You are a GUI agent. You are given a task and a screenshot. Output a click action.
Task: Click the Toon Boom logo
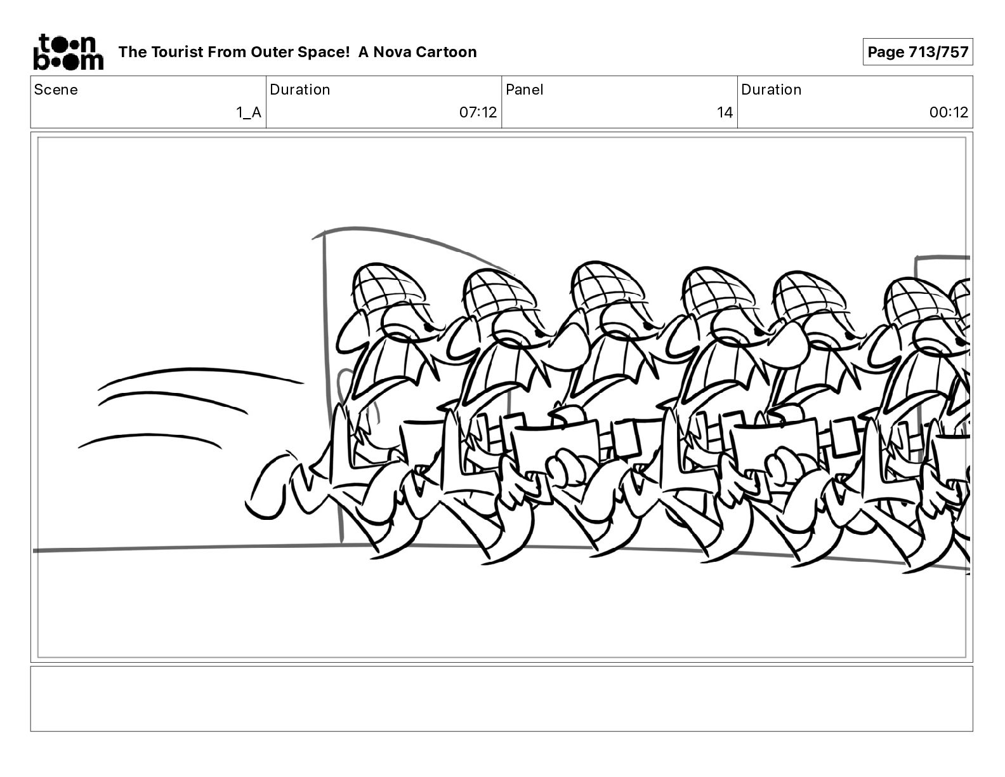click(x=69, y=52)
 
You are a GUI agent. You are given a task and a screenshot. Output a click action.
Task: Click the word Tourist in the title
click(x=176, y=52)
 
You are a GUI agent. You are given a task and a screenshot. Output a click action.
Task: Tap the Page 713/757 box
click(x=917, y=52)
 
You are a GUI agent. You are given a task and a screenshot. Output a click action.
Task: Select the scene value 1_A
click(x=249, y=112)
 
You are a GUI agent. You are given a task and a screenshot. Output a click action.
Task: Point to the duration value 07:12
click(x=478, y=112)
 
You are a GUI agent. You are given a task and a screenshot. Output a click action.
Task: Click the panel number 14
click(x=725, y=112)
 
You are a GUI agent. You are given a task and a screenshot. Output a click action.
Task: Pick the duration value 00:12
click(x=949, y=112)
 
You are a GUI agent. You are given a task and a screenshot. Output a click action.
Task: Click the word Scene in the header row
click(x=56, y=90)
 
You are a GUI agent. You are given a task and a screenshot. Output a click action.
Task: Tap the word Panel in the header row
click(x=525, y=90)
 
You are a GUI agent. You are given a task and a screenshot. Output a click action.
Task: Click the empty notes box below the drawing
click(x=502, y=699)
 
